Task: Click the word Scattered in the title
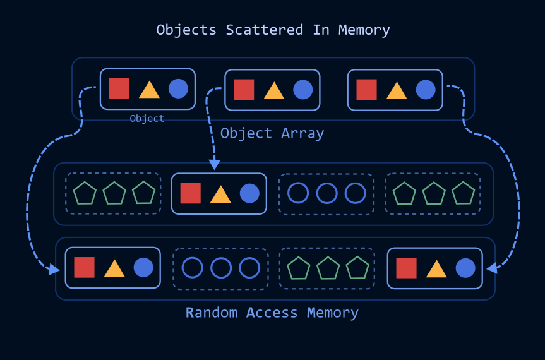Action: [265, 30]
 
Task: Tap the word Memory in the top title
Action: [364, 30]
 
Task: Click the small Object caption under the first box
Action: [147, 119]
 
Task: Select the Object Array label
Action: [272, 133]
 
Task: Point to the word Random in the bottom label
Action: [212, 313]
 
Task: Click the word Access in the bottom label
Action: [272, 313]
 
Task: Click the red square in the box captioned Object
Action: [119, 88]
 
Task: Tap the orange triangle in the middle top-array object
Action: [274, 90]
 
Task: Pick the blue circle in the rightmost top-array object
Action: [426, 90]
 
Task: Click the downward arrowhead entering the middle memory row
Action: [215, 164]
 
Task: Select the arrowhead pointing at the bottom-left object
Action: [54, 269]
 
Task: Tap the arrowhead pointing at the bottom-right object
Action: [492, 268]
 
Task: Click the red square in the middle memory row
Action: [191, 193]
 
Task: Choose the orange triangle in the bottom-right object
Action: [436, 268]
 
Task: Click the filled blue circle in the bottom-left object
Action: [143, 268]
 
